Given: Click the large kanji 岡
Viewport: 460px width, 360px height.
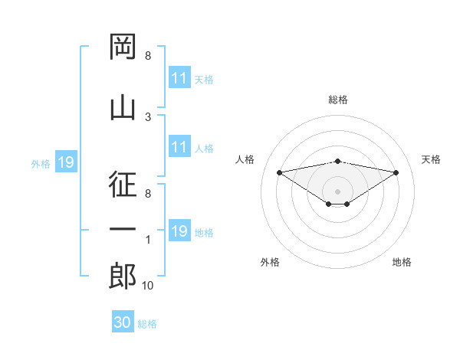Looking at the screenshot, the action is coord(123,46).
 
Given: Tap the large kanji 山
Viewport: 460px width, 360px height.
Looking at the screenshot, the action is coord(123,109).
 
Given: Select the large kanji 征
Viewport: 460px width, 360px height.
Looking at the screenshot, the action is coord(123,184).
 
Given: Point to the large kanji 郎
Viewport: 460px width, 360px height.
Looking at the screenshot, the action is coord(123,276).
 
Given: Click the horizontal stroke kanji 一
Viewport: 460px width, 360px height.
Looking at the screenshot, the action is coord(123,229).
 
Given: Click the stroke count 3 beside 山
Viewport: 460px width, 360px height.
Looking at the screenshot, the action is coord(148,117).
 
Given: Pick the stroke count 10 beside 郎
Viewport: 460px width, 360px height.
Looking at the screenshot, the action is coord(147,285).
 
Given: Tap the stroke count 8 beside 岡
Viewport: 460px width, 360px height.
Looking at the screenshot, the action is coord(148,55).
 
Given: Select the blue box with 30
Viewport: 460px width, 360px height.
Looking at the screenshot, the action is coord(123,321).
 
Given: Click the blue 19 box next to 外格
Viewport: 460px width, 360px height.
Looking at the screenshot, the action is coord(66,162).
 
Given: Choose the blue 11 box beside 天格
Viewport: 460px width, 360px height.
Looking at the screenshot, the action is coord(179,77).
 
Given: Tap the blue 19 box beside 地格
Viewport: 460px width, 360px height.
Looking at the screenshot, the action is coord(179,230).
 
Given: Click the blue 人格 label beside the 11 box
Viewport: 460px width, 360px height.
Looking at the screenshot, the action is coord(204,149).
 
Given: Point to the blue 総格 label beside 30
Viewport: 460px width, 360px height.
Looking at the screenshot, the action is coord(147,324).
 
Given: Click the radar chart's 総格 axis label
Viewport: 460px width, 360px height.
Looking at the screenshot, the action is coord(338,100).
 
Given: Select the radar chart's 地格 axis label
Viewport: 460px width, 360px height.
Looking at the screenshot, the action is coord(402,262).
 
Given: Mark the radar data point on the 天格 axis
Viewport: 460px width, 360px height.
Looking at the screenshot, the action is coord(396,172).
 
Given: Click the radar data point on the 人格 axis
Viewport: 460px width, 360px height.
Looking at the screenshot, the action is coord(279,172).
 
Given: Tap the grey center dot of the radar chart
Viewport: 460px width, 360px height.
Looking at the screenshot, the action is coord(337,191).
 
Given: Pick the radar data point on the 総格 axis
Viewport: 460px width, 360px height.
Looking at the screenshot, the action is coord(337,162).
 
